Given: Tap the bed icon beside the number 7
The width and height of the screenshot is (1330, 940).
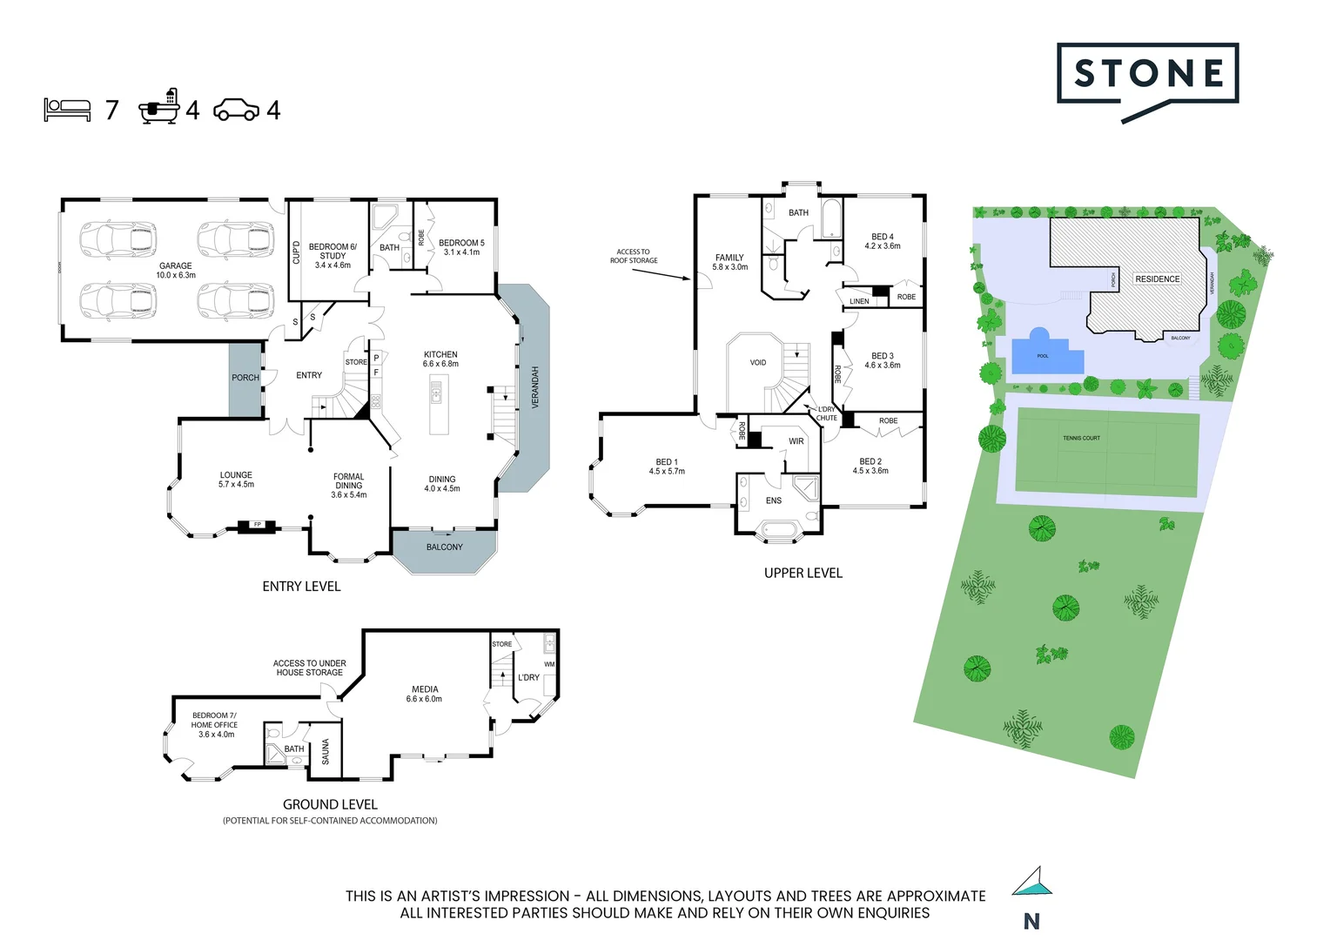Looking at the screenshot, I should point(67,110).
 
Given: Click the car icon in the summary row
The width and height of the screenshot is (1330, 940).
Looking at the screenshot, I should point(236,110).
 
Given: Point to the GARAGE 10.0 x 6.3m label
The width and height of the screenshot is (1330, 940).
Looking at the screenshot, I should point(176,271).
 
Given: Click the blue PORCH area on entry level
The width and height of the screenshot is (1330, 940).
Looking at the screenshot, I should point(245,378).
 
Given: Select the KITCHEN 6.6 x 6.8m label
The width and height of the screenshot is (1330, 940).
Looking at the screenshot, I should point(440,359).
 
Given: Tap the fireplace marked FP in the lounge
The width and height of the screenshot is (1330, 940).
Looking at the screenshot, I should point(258,525).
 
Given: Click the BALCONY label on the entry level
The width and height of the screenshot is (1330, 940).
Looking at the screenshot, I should point(444,547).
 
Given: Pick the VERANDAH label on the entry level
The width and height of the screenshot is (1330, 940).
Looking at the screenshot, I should point(535,387).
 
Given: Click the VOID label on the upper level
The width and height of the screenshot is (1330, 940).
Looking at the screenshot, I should point(758,363).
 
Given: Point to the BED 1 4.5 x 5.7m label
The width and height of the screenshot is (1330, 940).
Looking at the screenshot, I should point(667,467).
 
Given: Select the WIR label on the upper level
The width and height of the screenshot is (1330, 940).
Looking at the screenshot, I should point(796,442).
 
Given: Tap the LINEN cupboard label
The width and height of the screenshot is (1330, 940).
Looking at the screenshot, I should point(859,301).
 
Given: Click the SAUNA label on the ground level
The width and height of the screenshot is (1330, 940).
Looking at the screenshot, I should point(326,751).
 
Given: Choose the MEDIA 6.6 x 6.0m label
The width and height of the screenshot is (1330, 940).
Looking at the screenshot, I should point(425,694).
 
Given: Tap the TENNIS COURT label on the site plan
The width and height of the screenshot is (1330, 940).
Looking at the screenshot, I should point(1081,438).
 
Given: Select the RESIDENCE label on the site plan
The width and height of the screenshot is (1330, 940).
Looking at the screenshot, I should point(1157,279).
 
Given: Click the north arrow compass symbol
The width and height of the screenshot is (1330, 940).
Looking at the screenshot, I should point(1032,882).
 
